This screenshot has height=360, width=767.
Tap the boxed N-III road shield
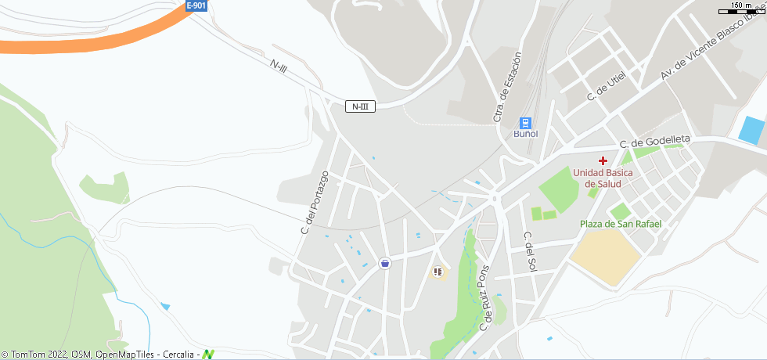360,106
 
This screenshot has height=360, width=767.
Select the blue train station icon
525,123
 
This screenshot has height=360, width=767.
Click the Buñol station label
525,134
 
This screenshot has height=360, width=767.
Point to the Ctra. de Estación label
506,87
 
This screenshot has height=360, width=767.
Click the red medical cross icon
603,160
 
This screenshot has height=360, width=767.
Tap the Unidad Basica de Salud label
597,178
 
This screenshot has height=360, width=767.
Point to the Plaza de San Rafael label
621,224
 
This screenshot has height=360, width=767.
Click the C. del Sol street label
529,251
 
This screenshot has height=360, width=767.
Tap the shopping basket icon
384,263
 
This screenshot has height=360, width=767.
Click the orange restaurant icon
438,272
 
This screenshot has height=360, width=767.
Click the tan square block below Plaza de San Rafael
605,256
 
